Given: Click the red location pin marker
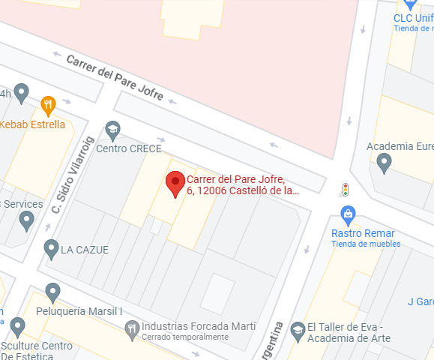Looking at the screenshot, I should click(x=175, y=182).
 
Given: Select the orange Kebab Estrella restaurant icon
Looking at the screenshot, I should click(x=49, y=106).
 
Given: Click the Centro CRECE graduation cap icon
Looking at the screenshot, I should click(x=113, y=130).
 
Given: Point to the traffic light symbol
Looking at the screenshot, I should click(x=346, y=190).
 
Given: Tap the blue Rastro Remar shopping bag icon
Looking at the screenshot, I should click(x=348, y=214).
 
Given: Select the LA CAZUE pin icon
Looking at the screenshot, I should click(x=51, y=247).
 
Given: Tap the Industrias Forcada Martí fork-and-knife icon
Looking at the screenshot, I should click(x=132, y=327).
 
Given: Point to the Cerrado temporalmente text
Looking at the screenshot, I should click(x=184, y=337).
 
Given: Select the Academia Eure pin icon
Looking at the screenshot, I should click(x=385, y=161).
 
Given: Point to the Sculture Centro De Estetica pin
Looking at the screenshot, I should click(x=17, y=326).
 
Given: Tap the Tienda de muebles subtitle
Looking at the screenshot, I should click(x=365, y=244).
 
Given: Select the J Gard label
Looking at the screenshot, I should click(x=421, y=302).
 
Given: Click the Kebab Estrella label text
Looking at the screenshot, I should click(x=34, y=124).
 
